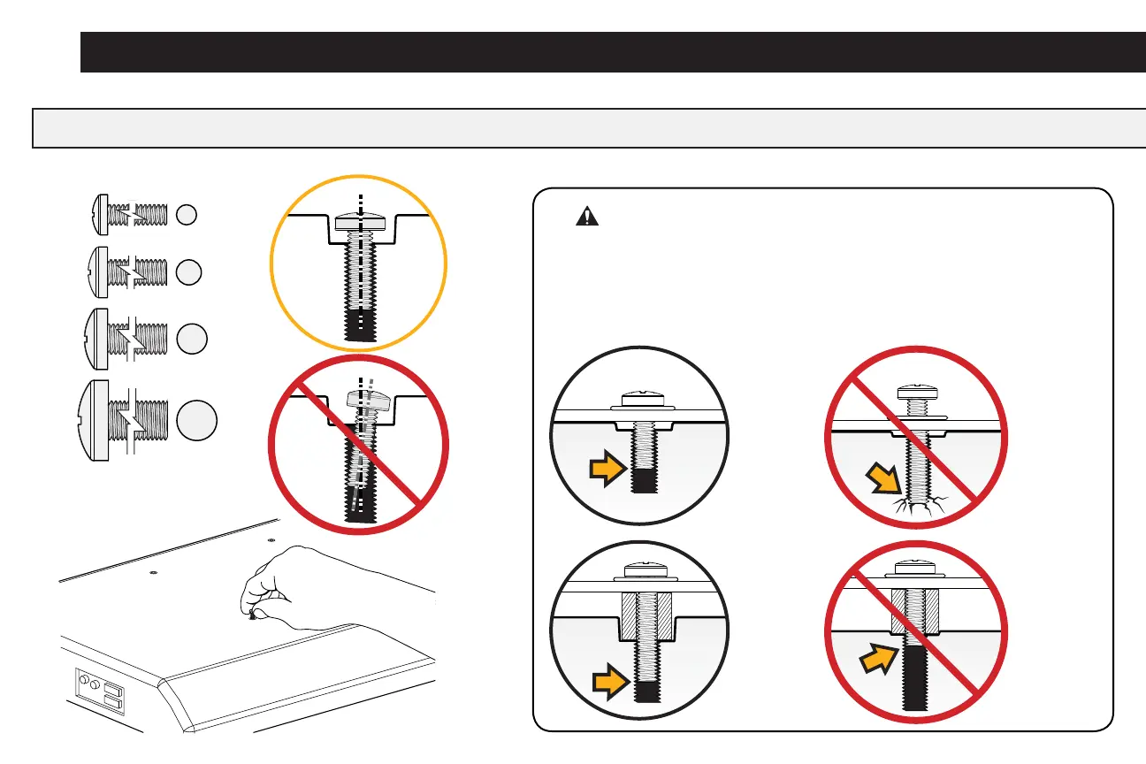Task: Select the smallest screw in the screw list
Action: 129,214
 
